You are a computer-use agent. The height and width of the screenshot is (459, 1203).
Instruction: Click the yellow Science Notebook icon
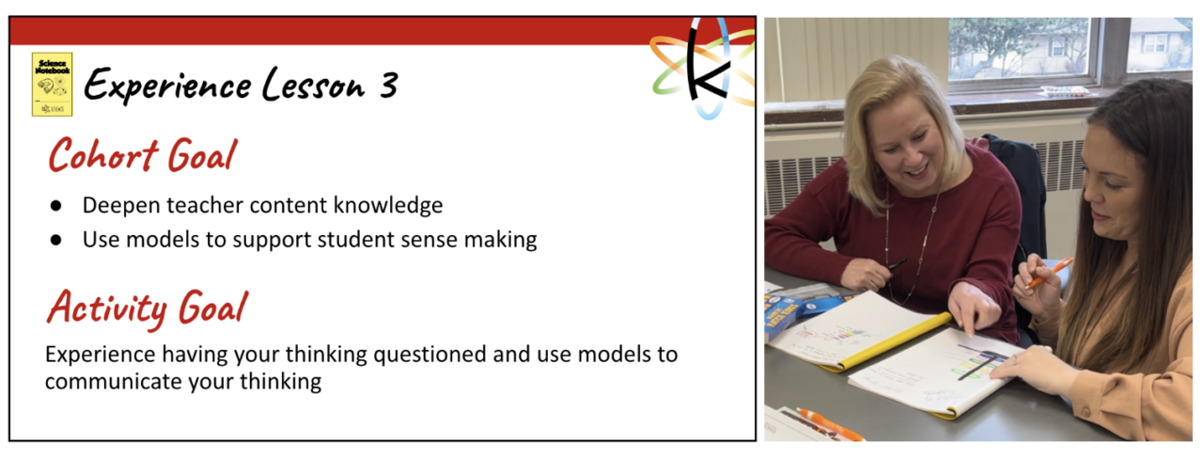pos(52,84)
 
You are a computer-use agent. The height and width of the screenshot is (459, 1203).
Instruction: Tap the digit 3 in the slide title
pos(386,87)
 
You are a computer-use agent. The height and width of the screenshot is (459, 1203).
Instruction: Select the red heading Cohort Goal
pos(141,155)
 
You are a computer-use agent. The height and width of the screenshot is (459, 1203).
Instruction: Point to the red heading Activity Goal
pos(148,307)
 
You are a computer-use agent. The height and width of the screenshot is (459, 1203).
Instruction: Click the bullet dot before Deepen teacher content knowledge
pos(56,205)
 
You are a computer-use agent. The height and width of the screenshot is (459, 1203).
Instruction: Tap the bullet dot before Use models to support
pos(56,240)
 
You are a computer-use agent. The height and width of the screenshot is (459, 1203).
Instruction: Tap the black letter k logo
pos(704,69)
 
